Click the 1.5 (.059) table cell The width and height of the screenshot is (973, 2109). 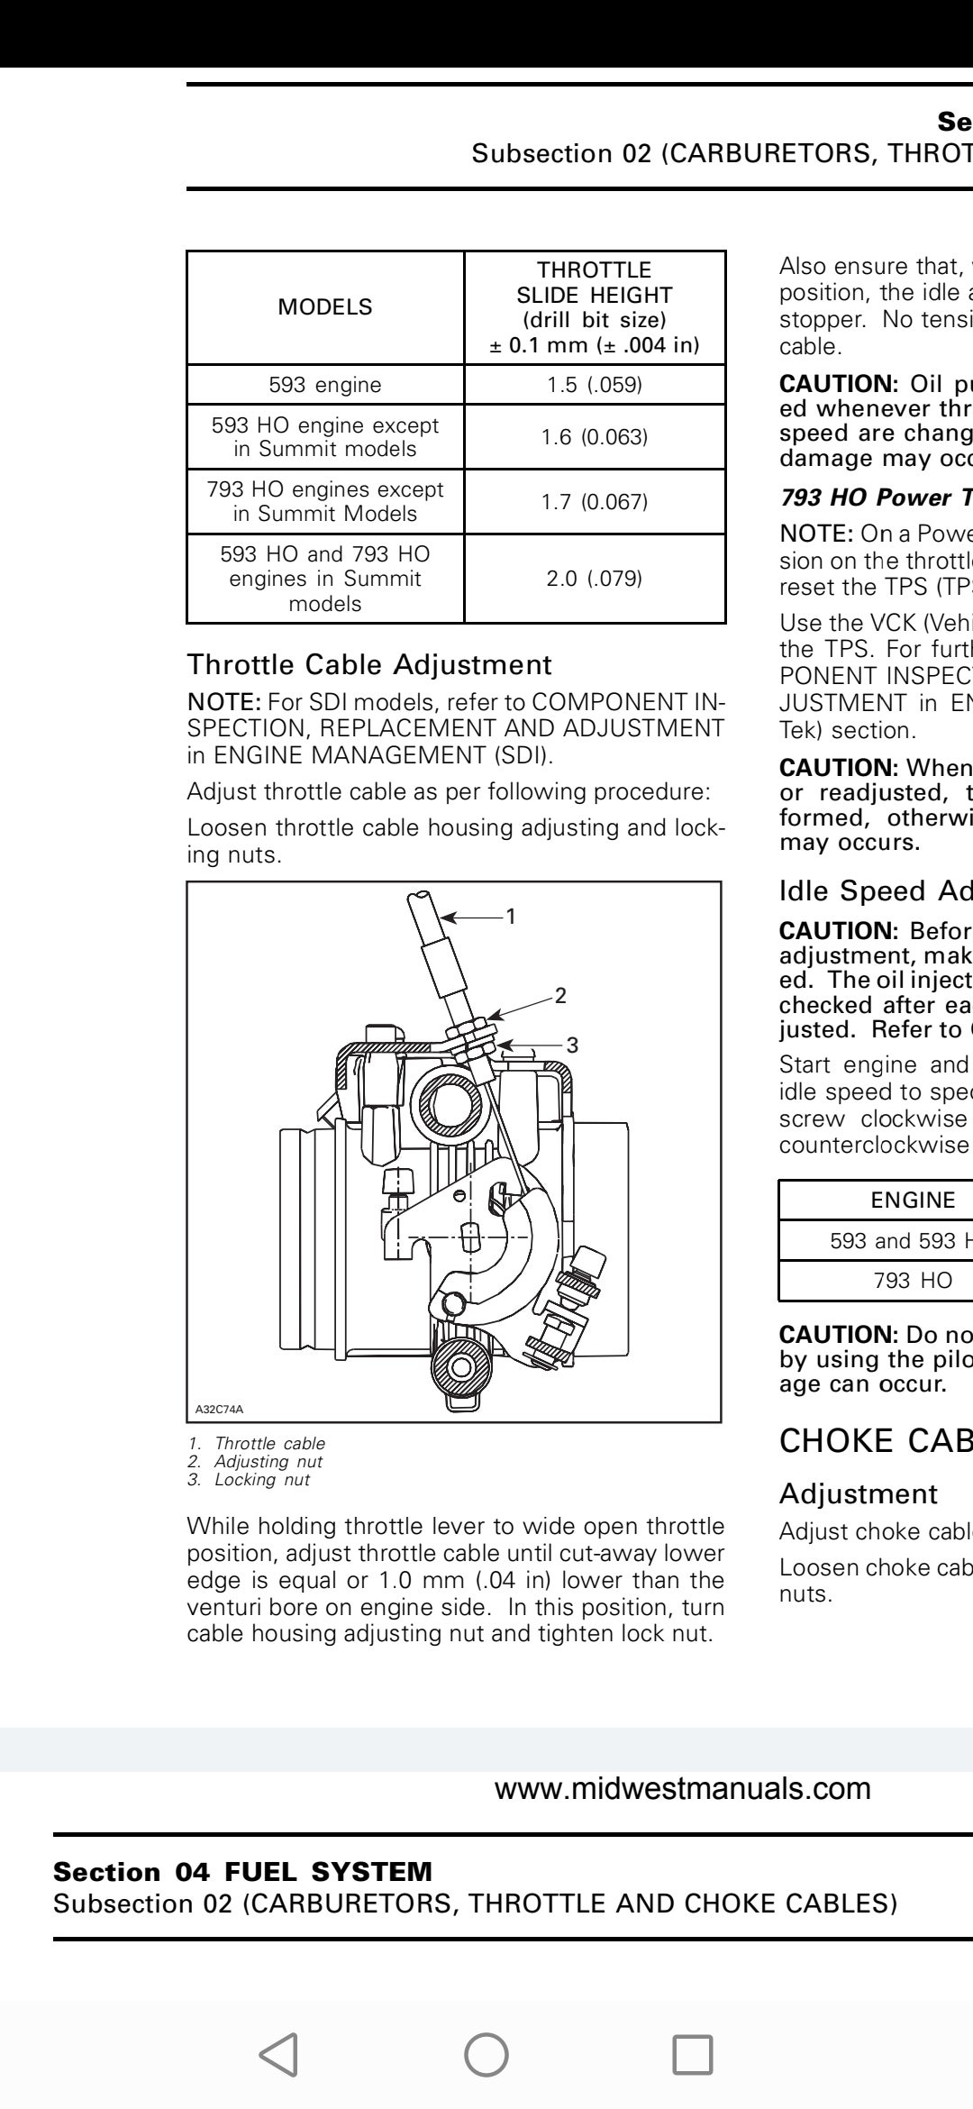click(595, 385)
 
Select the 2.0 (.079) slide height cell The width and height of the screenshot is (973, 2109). click(595, 579)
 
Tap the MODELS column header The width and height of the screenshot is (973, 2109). click(325, 307)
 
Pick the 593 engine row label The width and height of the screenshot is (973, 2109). click(325, 385)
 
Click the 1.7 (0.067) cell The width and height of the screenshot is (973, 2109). click(595, 501)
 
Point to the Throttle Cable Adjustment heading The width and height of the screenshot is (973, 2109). click(368, 665)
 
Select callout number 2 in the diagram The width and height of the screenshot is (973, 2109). click(560, 996)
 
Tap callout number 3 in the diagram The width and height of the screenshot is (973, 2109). click(572, 1045)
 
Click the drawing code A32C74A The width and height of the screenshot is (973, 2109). click(220, 1409)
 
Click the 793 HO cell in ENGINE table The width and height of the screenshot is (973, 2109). click(913, 1281)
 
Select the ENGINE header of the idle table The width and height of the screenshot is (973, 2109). click(913, 1201)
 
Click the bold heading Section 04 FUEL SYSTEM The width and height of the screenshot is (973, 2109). click(243, 1872)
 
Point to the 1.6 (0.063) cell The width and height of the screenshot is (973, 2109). click(595, 437)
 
